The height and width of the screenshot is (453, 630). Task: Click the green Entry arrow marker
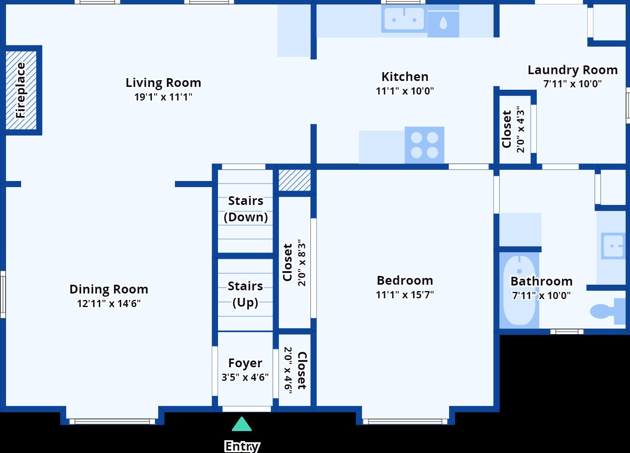241,424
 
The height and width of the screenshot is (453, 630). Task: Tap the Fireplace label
21,90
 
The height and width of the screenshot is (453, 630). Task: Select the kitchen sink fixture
404,19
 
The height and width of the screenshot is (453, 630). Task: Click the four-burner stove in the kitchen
424,145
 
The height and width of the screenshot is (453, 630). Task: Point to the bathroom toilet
608,311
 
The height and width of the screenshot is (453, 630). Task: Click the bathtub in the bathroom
519,290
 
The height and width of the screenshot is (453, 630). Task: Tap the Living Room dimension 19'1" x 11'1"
163,97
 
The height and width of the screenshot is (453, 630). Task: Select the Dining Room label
109,289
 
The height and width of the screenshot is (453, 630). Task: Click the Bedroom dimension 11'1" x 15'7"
405,295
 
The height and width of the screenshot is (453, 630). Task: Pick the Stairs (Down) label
245,209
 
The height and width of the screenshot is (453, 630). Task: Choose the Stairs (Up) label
245,294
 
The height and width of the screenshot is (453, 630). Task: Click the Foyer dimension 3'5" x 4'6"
245,377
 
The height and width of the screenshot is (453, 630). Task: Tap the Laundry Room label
573,70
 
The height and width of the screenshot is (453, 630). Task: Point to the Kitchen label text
405,77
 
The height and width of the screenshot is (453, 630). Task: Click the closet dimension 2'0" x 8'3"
302,263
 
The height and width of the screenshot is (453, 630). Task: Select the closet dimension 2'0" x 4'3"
520,130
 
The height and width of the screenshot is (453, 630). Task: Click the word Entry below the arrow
242,446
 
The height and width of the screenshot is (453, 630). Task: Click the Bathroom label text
542,282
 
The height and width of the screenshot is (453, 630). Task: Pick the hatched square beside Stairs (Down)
294,180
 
